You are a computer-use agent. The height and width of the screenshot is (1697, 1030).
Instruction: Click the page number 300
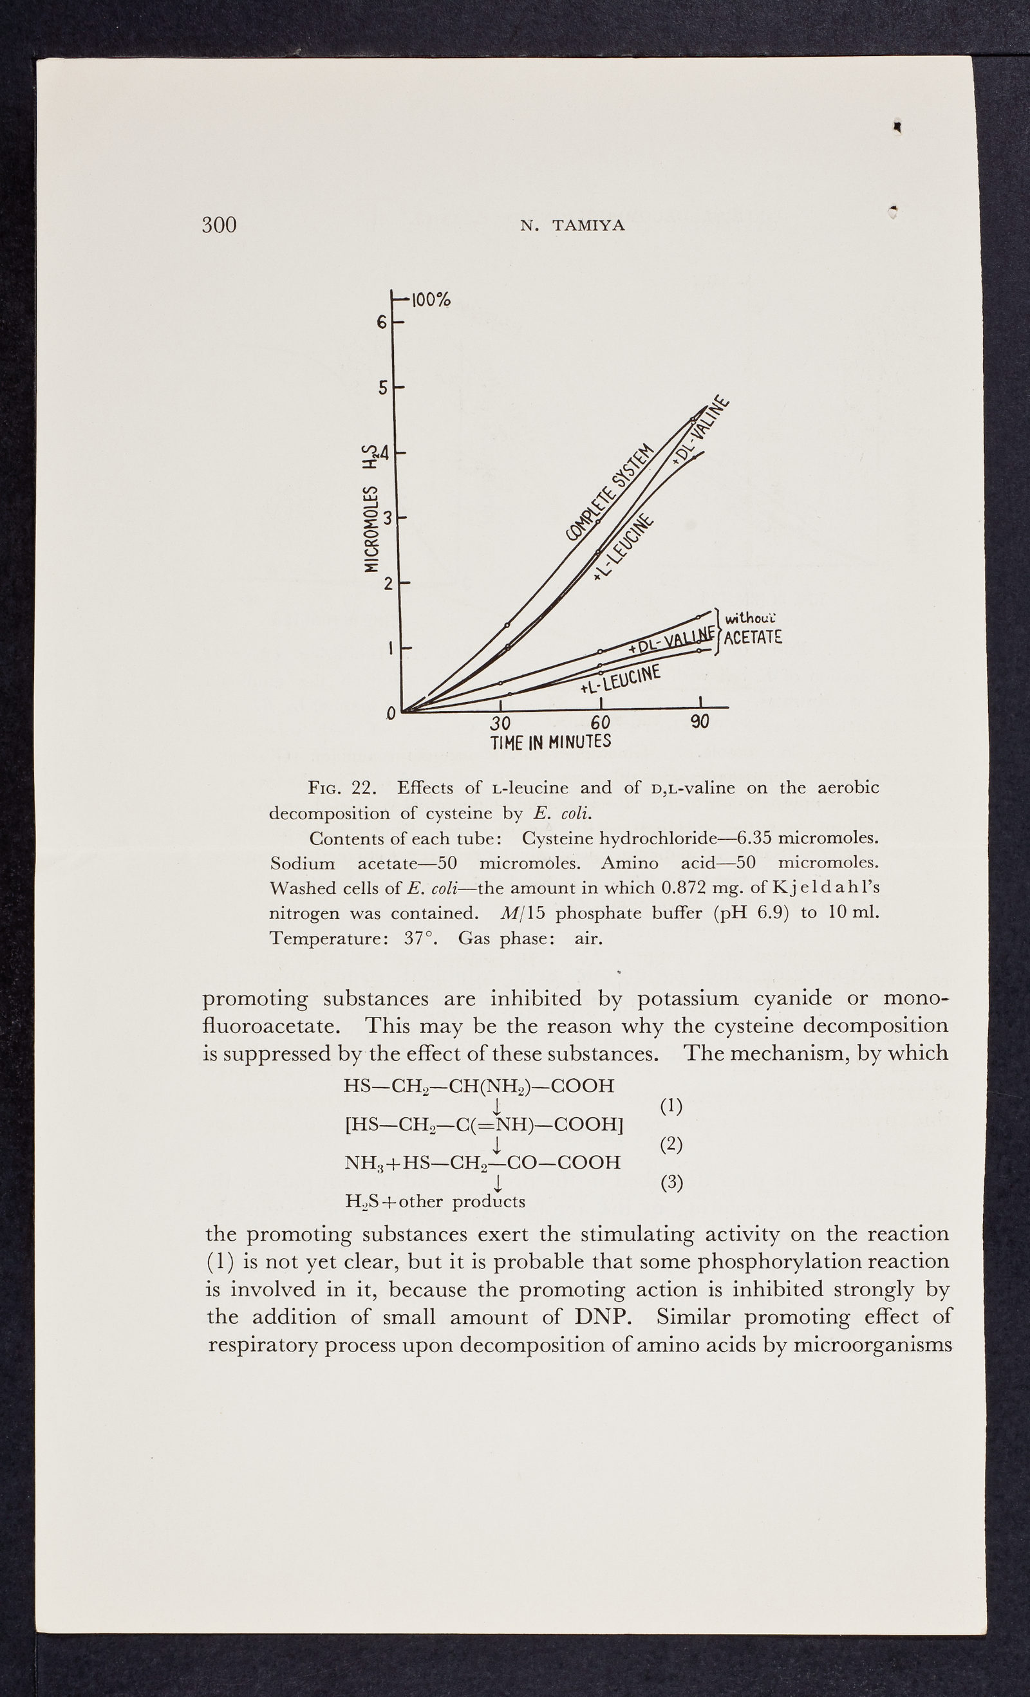tap(219, 225)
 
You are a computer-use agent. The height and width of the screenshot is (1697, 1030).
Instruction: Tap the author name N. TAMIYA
tap(572, 225)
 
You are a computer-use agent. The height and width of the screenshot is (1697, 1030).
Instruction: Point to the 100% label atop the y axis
tap(431, 300)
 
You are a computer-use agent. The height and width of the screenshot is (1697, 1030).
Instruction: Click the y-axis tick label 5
tap(382, 388)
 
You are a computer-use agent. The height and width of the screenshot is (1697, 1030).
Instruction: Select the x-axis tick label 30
tap(500, 723)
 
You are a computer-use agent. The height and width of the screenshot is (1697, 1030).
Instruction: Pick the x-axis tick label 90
tap(700, 721)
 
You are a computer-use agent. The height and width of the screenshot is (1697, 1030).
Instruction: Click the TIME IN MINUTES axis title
tap(550, 742)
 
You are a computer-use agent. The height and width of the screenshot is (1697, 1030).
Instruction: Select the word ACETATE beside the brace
tap(753, 637)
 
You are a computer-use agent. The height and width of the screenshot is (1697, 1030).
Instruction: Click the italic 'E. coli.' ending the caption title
tap(563, 813)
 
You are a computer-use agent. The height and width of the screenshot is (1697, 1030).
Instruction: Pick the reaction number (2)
tap(671, 1144)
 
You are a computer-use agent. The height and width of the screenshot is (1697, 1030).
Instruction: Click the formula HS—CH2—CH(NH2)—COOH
tap(479, 1086)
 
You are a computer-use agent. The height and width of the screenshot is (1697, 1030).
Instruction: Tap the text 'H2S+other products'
tap(435, 1202)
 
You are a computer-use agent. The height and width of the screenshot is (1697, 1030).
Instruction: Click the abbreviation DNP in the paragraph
tap(603, 1317)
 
